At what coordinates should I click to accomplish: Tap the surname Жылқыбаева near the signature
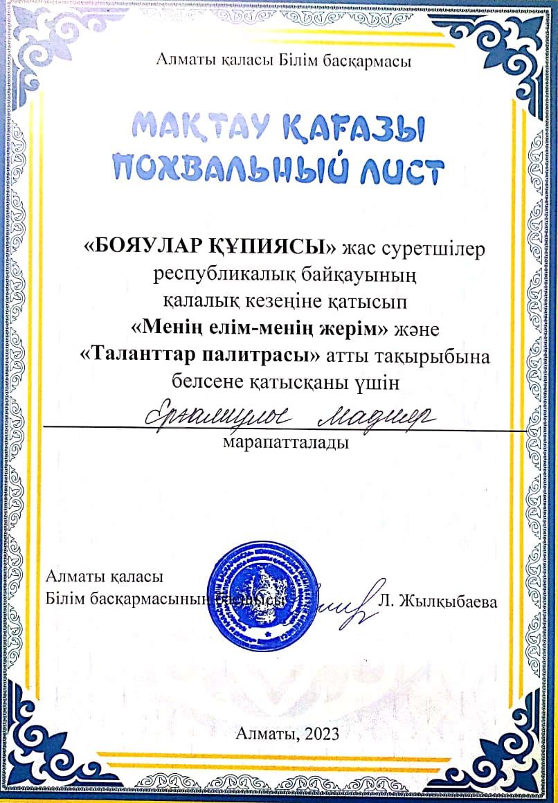pyautogui.click(x=447, y=602)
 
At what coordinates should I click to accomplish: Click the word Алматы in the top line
pyautogui.click(x=184, y=62)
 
